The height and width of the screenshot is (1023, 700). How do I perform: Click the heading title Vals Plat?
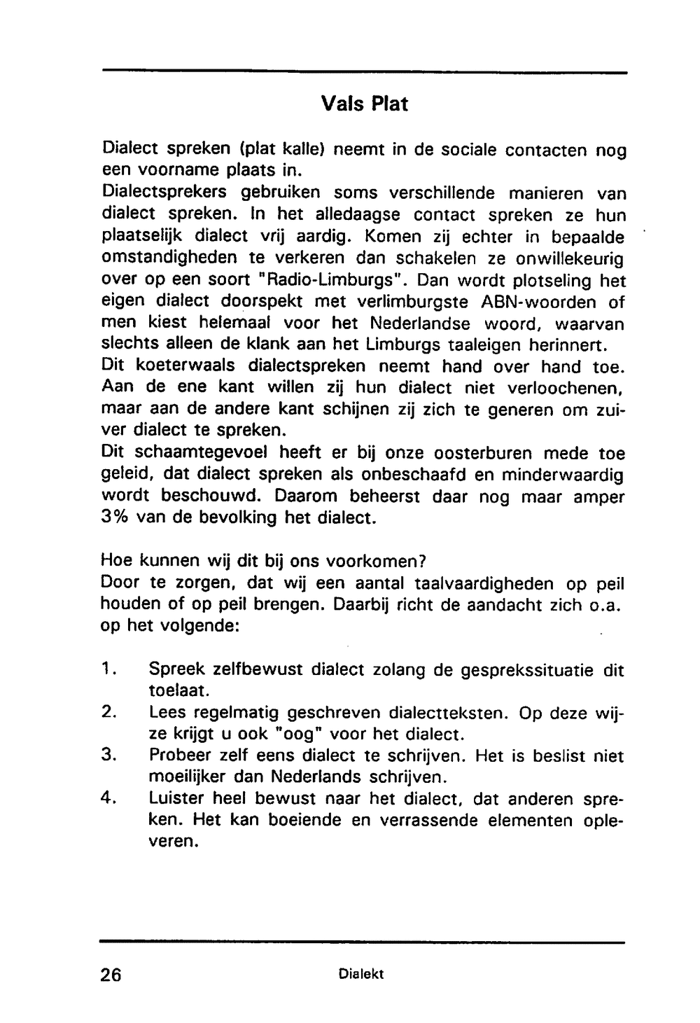click(364, 104)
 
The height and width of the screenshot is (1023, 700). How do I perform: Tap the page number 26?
click(111, 975)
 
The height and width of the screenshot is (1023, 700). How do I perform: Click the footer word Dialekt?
click(360, 974)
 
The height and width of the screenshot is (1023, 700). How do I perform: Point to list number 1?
click(108, 669)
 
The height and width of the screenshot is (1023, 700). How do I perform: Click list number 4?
click(108, 799)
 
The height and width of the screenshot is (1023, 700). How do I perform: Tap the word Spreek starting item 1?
click(176, 669)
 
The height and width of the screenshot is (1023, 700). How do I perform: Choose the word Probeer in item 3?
click(181, 756)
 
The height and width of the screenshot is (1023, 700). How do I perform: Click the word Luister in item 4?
click(176, 799)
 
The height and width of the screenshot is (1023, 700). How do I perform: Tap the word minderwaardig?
click(559, 475)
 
